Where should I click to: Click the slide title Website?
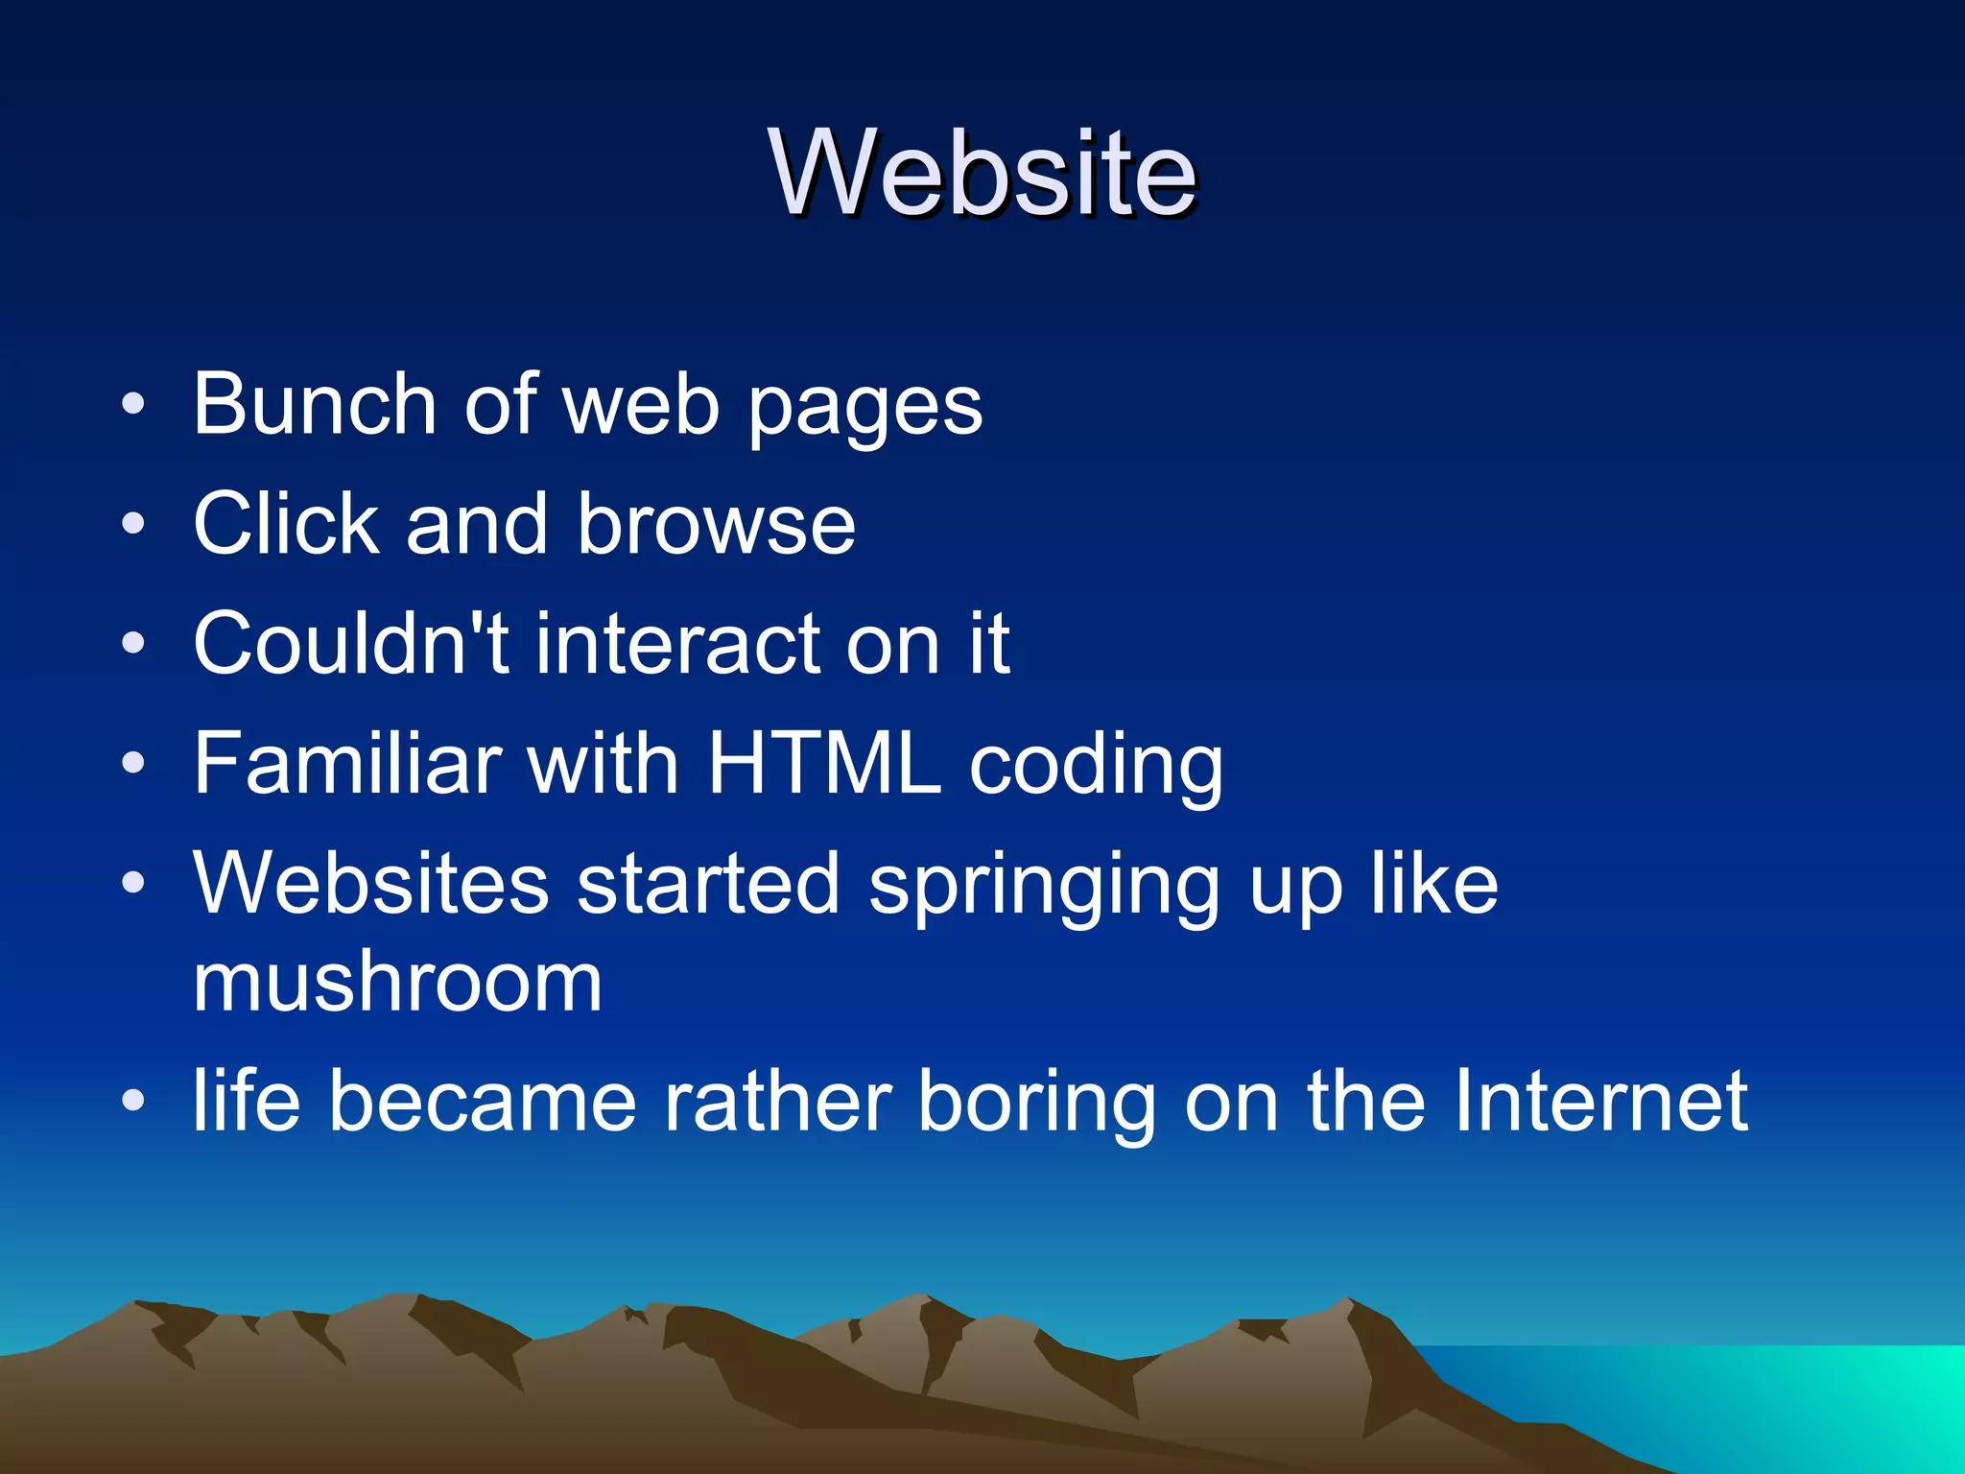982,174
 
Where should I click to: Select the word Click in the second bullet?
286,524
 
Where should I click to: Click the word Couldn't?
351,643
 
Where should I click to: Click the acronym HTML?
823,763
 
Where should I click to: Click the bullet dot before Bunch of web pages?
133,404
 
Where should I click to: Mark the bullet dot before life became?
133,1101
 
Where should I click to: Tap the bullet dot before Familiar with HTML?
133,764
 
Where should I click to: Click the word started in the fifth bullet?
708,884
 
